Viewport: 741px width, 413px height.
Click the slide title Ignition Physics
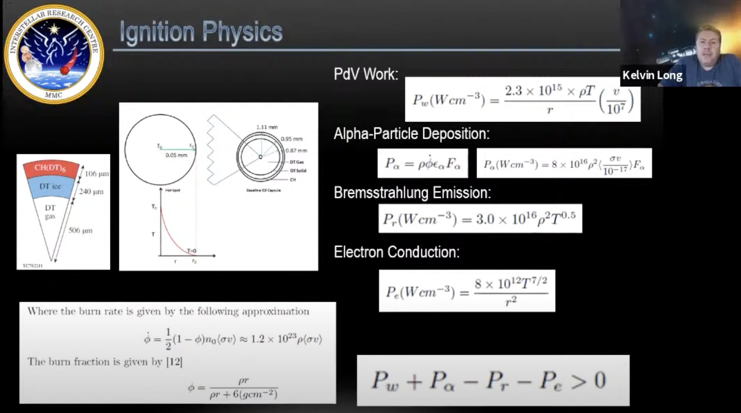201,32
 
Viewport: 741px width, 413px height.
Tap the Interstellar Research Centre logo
54,54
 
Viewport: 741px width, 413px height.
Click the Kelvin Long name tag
652,75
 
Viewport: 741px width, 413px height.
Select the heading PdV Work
366,74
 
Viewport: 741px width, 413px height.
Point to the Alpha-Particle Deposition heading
411,134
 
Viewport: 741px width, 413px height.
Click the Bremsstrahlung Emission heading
412,193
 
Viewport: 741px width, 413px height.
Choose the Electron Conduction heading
396,252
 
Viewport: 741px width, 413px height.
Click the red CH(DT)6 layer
50,168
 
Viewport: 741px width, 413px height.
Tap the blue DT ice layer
50,186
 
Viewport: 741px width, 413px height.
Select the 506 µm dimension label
81,231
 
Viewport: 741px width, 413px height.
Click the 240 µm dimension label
91,191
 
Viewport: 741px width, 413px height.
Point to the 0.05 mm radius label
176,155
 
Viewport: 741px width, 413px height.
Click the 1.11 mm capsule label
267,127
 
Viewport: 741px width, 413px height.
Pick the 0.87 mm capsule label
296,150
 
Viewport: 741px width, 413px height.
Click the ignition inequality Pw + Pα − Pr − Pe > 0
489,381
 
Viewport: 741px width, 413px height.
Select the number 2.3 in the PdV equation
513,91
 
